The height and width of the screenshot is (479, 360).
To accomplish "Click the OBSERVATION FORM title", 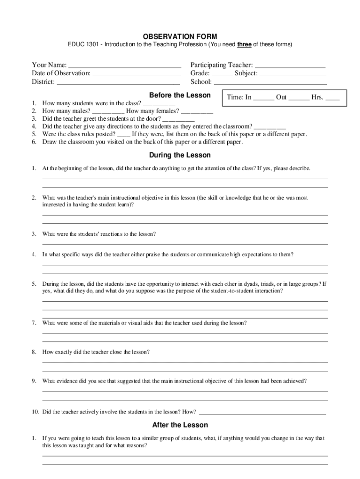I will tap(180, 36).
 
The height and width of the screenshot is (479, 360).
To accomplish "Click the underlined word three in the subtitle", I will tap(245, 45).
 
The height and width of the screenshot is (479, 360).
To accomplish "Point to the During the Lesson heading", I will tap(180, 155).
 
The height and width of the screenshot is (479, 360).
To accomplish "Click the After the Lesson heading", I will tap(180, 425).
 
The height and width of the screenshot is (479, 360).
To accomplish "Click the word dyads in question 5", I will tap(252, 284).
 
